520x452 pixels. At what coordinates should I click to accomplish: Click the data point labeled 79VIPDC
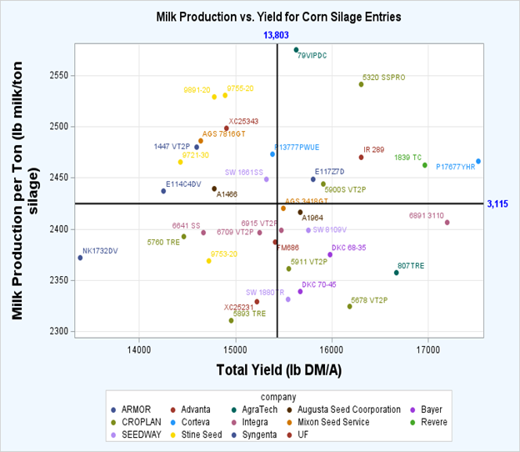(296, 50)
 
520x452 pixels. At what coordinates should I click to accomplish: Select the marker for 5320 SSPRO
(361, 84)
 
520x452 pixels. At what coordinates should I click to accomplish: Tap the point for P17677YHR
(478, 161)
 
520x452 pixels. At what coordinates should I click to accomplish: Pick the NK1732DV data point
(80, 258)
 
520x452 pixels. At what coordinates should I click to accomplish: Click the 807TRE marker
(397, 273)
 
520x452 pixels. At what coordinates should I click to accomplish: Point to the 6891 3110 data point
(447, 223)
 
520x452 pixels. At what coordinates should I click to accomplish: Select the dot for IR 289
(361, 157)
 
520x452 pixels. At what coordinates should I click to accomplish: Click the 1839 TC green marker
(425, 165)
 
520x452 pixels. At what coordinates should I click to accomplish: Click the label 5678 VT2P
(369, 299)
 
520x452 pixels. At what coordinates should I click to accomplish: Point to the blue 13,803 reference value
(276, 34)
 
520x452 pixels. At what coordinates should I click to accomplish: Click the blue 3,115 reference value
(498, 203)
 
